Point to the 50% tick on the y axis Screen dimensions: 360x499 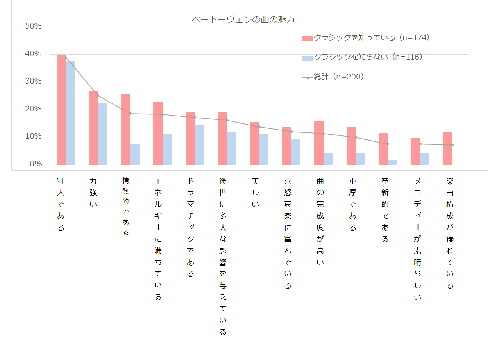click(x=33, y=26)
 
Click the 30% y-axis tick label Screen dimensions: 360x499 click(x=33, y=82)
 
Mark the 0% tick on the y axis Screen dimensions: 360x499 click(x=36, y=164)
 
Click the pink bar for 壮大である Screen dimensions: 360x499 click(x=61, y=110)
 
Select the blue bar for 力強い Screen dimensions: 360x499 click(x=103, y=134)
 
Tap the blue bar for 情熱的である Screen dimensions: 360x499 click(x=135, y=154)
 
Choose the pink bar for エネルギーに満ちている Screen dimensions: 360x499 click(x=157, y=133)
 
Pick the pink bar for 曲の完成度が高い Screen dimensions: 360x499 click(x=319, y=143)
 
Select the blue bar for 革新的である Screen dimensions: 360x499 click(x=393, y=162)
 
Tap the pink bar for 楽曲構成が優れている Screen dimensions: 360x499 click(x=447, y=148)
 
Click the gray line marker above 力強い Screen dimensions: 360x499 click(x=98, y=96)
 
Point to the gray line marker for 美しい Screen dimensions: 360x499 click(x=259, y=127)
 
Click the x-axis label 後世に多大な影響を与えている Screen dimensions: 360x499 click(x=223, y=256)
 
